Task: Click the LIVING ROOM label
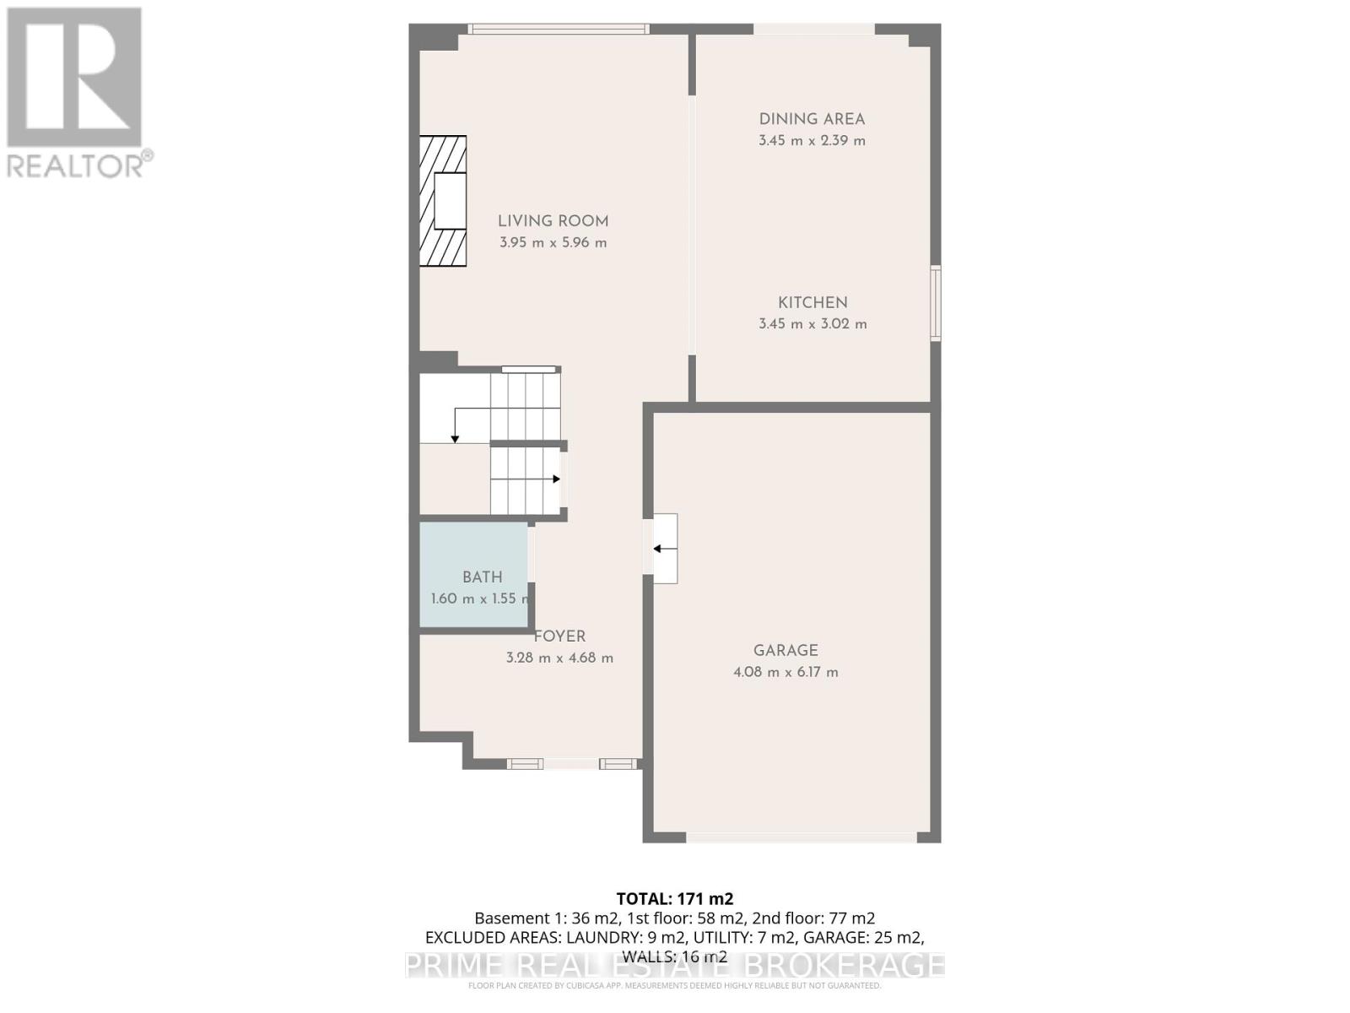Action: tap(553, 221)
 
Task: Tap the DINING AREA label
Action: tap(812, 119)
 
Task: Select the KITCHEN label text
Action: tap(813, 302)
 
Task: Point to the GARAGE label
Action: tap(786, 650)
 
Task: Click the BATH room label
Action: tap(482, 577)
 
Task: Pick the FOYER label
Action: tap(560, 637)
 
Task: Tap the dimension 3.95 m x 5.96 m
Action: tap(553, 243)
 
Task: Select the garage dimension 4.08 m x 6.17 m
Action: tap(786, 673)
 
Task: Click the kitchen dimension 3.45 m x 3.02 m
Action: tap(813, 324)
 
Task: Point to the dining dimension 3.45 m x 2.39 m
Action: tap(812, 141)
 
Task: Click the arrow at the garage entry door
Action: tap(664, 549)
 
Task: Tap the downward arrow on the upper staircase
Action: tap(455, 437)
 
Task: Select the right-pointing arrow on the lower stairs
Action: tap(556, 479)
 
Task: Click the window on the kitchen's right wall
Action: tap(936, 303)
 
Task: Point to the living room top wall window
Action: tap(559, 29)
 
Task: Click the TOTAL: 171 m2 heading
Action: tap(674, 899)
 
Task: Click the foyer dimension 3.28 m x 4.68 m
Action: tap(559, 658)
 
